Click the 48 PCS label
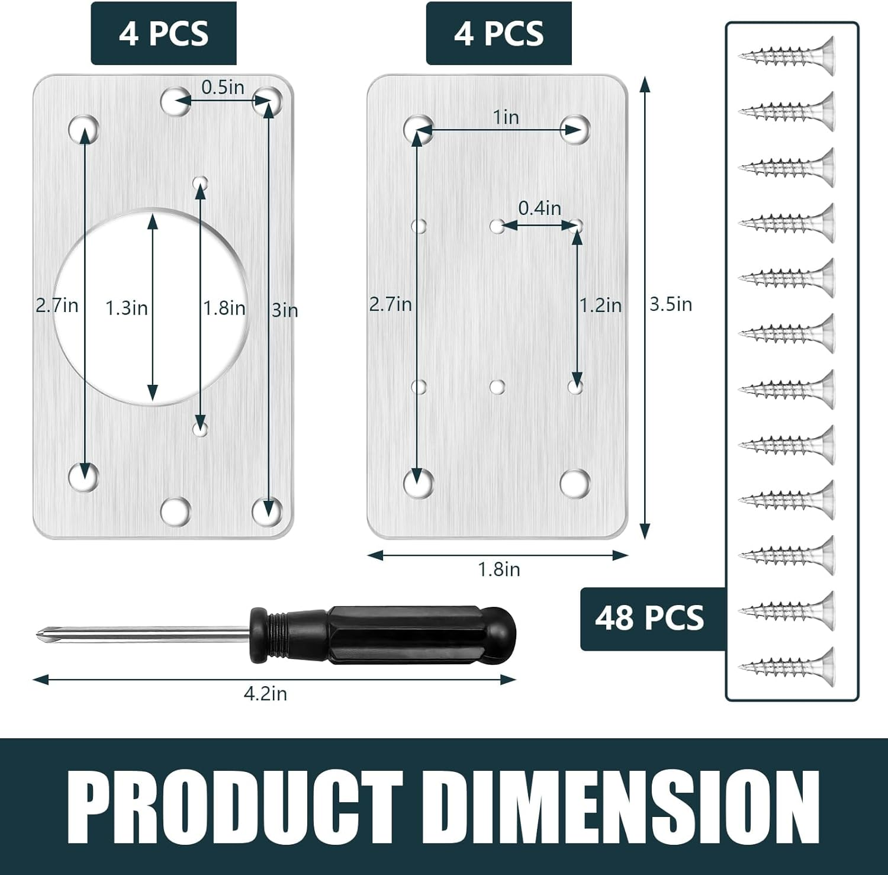click(649, 619)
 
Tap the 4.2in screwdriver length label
click(265, 693)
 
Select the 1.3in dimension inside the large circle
click(126, 308)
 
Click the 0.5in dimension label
click(223, 87)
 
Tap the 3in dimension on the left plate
click(285, 310)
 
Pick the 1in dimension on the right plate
click(506, 117)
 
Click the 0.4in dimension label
click(539, 208)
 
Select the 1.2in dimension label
click(600, 305)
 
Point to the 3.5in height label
click(671, 304)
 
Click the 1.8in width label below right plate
click(498, 570)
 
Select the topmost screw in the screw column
click(787, 56)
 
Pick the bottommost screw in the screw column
click(787, 667)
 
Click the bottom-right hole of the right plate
click(575, 483)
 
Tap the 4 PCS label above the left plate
click(163, 33)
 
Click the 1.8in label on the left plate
click(224, 308)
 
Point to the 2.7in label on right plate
click(390, 304)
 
